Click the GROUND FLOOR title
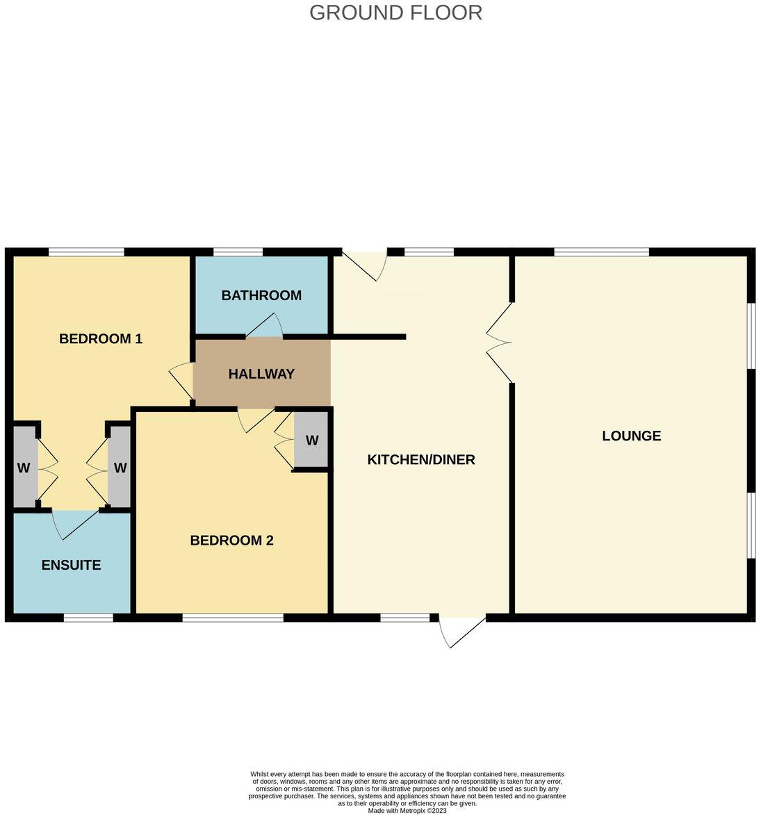pos(395,13)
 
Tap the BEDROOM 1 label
pos(101,338)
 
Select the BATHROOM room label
pos(261,295)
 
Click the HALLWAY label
pos(261,374)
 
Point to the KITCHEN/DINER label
pos(421,459)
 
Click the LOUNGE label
pos(631,436)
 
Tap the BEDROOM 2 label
pos(231,540)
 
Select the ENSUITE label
pos(71,565)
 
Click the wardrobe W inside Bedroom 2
pos(311,441)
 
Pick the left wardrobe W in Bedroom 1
pos(24,468)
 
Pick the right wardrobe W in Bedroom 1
pos(120,468)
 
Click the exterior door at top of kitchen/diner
pos(364,264)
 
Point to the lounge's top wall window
pos(601,252)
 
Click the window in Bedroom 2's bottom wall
pos(233,617)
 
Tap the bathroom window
pos(238,252)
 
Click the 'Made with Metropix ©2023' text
pos(407,810)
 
